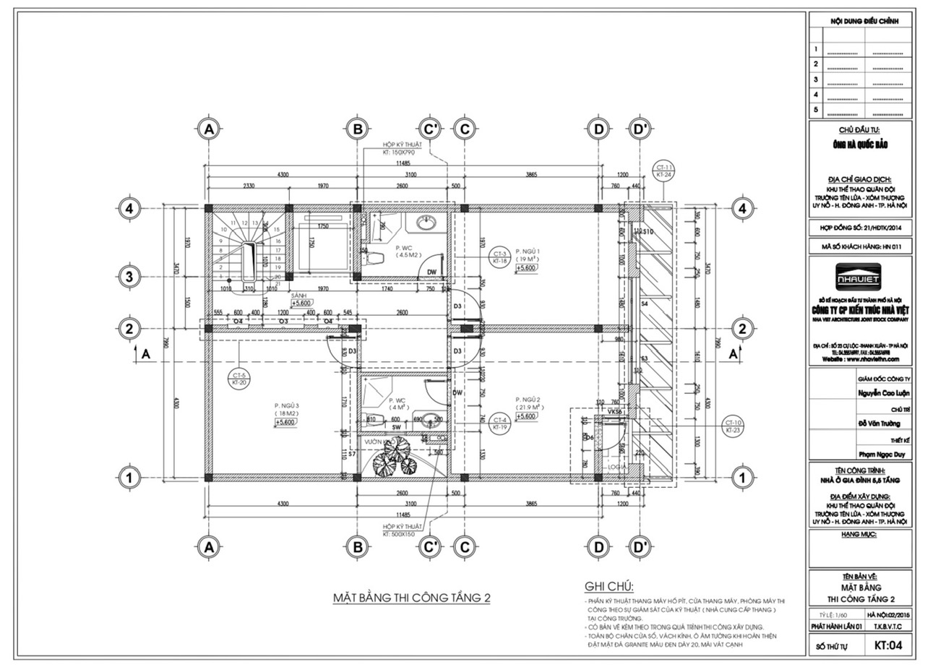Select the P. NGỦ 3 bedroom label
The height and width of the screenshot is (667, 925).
pos(287,405)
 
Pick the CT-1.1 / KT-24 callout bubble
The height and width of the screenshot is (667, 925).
pos(664,171)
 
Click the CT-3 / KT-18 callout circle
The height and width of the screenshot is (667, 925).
pos(499,257)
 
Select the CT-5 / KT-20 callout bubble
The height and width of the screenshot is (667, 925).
pos(240,378)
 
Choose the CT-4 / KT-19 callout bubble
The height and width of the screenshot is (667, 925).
pos(499,423)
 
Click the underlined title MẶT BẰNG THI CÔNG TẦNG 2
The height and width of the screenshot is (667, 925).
pos(411,598)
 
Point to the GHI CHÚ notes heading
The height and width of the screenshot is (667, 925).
pos(608,586)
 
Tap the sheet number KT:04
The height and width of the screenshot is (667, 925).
pos(887,644)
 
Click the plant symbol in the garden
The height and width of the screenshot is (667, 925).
pos(395,457)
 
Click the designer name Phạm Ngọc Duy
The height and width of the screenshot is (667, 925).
pos(883,455)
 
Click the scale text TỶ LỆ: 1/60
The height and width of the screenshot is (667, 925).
pos(830,614)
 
